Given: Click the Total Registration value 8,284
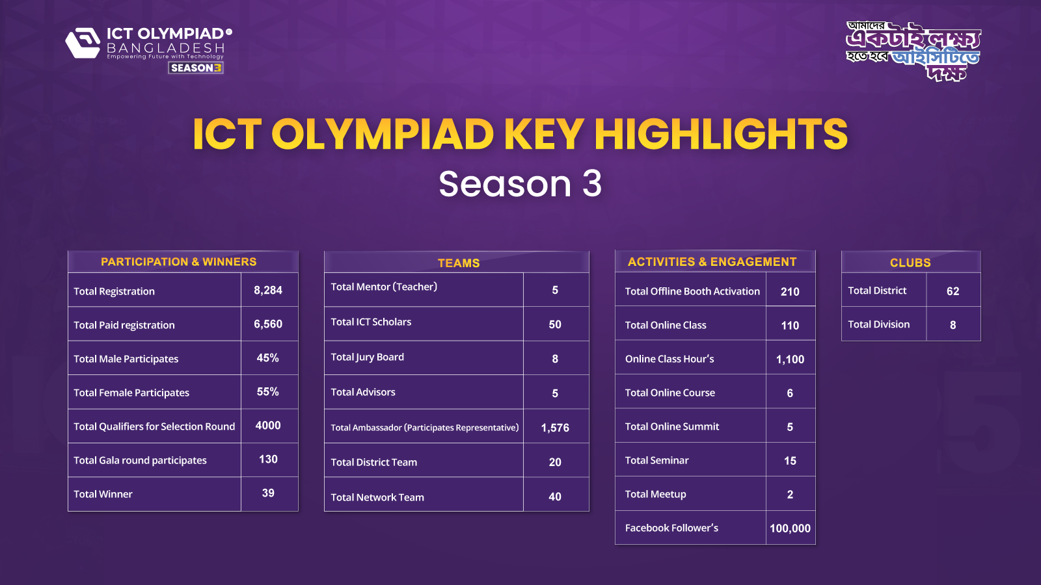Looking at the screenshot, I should tap(268, 291).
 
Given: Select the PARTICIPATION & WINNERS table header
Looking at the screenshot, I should tap(179, 262).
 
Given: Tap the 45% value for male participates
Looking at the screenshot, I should tap(267, 358).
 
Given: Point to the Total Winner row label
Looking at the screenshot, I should tap(103, 494).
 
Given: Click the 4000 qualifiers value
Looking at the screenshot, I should tap(268, 426).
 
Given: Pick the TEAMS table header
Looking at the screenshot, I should tap(458, 263).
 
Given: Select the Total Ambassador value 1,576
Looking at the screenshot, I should tap(555, 428).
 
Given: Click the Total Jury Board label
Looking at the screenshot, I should tap(367, 357).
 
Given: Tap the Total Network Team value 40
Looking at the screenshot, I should tap(555, 497).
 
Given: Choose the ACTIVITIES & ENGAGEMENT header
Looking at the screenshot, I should tap(712, 262).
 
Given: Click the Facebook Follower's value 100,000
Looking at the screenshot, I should tap(790, 528).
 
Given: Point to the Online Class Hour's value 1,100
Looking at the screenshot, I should tap(790, 359).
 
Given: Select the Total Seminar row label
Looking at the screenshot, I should tap(656, 460).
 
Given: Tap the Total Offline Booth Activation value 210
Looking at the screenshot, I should tap(790, 292).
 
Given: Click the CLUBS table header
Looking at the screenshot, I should tap(910, 263).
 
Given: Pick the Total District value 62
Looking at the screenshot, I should tap(953, 291).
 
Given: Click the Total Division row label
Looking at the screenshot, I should tap(878, 324).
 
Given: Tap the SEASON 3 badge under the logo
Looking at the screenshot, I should tap(196, 68).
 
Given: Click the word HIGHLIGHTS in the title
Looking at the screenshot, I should tap(720, 135).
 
